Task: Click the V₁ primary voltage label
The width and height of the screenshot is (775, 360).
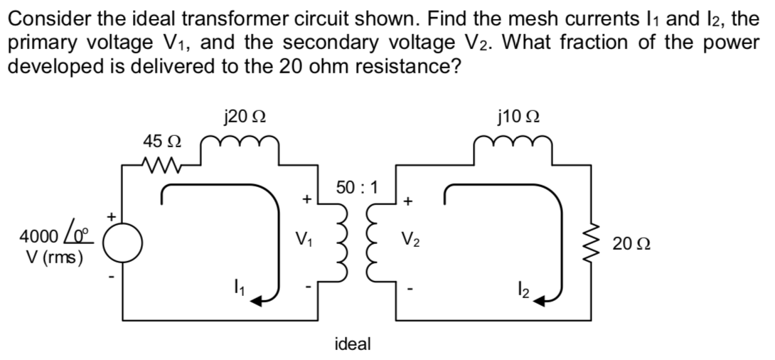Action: tap(304, 237)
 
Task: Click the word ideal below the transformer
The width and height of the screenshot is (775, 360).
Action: tap(352, 344)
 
